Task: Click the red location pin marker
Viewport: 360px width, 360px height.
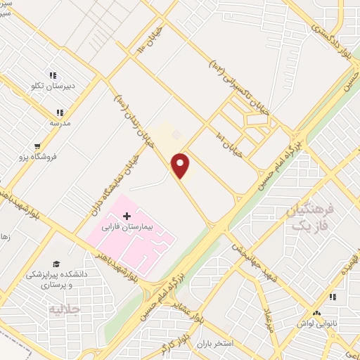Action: [x=181, y=165]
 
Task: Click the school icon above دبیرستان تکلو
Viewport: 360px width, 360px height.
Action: [x=52, y=76]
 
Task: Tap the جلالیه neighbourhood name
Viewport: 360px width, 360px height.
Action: [x=64, y=309]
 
